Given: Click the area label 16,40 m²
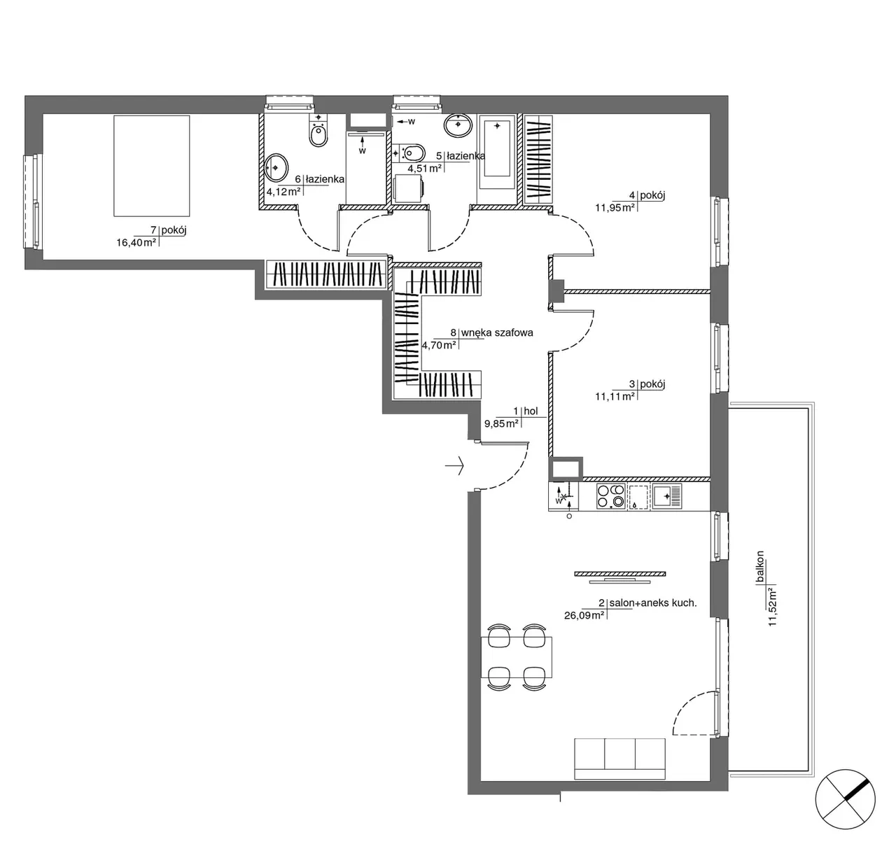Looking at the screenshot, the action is [136, 242].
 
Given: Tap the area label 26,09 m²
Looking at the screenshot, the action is [584, 615].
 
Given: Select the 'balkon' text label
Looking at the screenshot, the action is [759, 567].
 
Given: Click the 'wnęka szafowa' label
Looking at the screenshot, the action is [497, 332].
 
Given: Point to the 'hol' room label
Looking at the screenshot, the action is [531, 411].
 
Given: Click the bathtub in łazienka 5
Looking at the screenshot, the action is [497, 152].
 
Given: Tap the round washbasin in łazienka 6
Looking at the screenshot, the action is [276, 167].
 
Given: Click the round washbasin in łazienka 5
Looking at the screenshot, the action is [458, 125].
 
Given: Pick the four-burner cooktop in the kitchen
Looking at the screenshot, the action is [611, 496].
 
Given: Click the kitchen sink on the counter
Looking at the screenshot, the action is [667, 496].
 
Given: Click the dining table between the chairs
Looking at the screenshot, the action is [517, 657].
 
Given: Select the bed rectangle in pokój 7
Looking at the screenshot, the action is [152, 166].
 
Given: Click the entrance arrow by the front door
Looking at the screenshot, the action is [454, 466].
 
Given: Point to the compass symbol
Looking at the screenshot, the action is [846, 799].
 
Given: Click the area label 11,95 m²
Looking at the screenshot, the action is [615, 208].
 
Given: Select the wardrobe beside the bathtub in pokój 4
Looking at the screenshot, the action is [538, 159].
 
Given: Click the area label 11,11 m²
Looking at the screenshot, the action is [615, 397].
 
